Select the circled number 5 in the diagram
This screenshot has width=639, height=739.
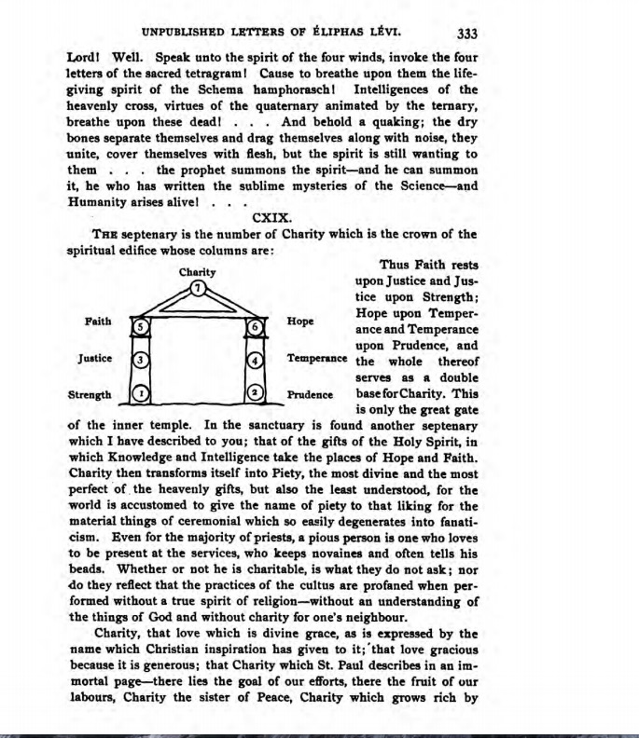coord(140,327)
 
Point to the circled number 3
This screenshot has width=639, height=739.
coord(140,359)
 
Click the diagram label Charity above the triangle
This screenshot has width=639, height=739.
coord(197,272)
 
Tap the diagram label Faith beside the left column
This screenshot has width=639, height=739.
coord(98,322)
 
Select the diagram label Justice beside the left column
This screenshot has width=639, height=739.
coord(94,358)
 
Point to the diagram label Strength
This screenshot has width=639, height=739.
coord(90,394)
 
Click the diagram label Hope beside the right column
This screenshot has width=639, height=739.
coord(300,322)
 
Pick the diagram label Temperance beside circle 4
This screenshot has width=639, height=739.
coord(317,358)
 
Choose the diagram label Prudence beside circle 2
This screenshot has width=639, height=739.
coord(311,394)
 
